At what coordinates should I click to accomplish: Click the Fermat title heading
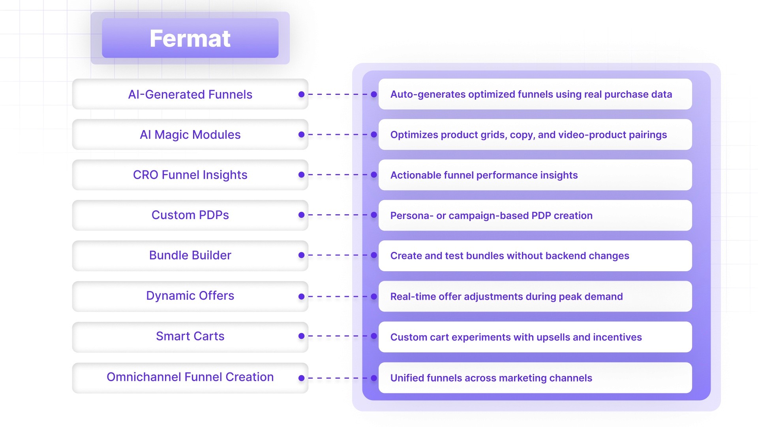pyautogui.click(x=190, y=38)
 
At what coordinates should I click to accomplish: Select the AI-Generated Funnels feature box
pyautogui.click(x=190, y=94)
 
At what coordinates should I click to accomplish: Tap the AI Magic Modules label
pyautogui.click(x=190, y=135)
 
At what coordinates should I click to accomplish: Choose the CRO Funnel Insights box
pyautogui.click(x=190, y=175)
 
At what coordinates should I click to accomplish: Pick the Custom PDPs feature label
pyautogui.click(x=190, y=215)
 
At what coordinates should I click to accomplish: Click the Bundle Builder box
pyautogui.click(x=190, y=255)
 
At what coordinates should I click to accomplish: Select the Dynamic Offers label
pyautogui.click(x=190, y=296)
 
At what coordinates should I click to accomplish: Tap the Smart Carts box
pyautogui.click(x=190, y=336)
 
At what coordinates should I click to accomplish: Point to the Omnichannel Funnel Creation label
pyautogui.click(x=190, y=377)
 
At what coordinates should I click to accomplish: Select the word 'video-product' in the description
pyautogui.click(x=614, y=135)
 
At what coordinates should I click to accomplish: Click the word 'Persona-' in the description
pyautogui.click(x=412, y=215)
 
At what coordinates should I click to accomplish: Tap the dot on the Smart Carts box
pyautogui.click(x=302, y=336)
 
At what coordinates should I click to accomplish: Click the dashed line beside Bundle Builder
pyautogui.click(x=338, y=255)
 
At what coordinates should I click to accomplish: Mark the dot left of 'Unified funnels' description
pyautogui.click(x=374, y=378)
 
